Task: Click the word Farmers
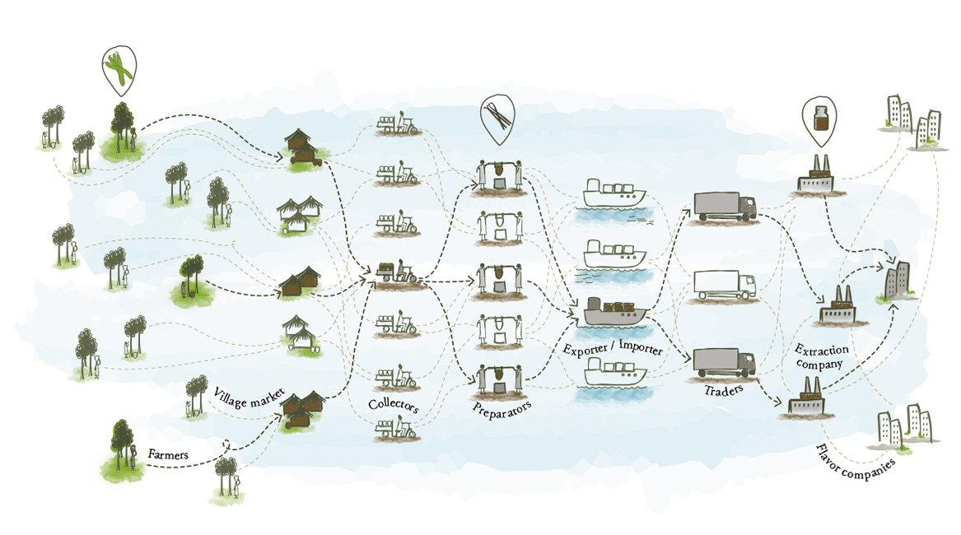tap(168, 454)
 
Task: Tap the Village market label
tap(249, 398)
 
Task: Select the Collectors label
tap(394, 404)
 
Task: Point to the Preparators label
tap(502, 408)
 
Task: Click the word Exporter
tap(585, 349)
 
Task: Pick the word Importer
tap(641, 347)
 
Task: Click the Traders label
tap(724, 390)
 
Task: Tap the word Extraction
tap(822, 350)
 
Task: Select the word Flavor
tap(828, 458)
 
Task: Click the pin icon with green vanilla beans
tap(119, 70)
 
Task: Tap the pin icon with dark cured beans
tap(497, 119)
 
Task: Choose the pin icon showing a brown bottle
tap(820, 121)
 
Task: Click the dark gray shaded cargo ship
tap(614, 311)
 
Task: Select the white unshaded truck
tap(725, 286)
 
